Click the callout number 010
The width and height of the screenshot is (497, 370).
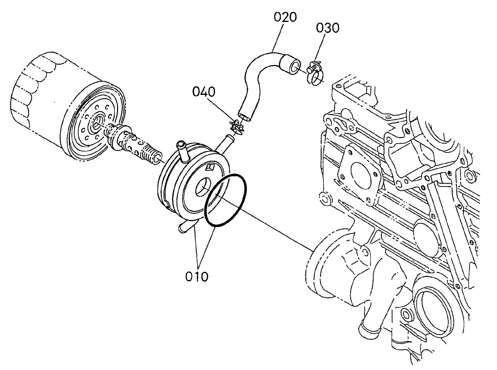pos(196,276)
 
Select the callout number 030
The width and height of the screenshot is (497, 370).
pos(328,28)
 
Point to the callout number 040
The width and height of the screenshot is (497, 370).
pos(204,92)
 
